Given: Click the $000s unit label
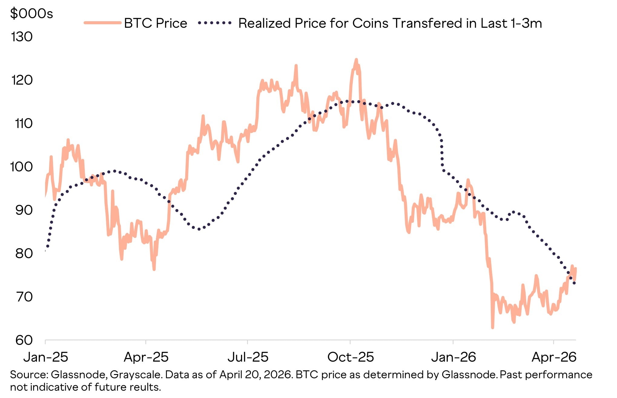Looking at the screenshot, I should [x=31, y=14].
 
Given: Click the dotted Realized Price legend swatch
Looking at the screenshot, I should [x=215, y=23].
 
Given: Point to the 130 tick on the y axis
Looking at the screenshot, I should [x=22, y=37].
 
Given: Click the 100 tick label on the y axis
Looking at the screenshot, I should [x=21, y=167].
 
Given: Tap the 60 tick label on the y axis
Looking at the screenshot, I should [x=24, y=340].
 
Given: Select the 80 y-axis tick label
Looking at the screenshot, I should [x=24, y=254].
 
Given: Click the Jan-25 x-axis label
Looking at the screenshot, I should [x=46, y=357].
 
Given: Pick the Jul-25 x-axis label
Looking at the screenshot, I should [x=248, y=357].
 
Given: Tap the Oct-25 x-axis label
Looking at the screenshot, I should [x=351, y=357].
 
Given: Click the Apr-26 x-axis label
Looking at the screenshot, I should [x=554, y=357].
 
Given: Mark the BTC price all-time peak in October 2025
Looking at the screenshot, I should [x=356, y=60].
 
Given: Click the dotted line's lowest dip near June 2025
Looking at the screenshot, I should [x=199, y=229].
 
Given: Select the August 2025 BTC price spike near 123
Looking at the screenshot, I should [x=296, y=65].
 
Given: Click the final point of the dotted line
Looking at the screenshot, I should [x=574, y=283].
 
